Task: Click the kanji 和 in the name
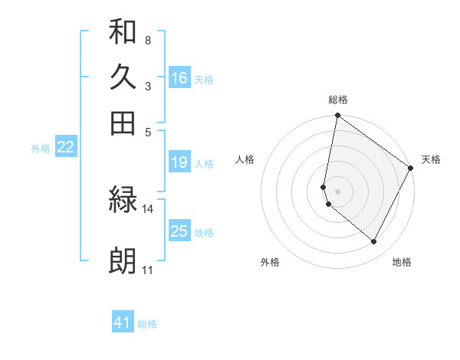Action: [123, 31]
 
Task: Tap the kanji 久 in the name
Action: [123, 77]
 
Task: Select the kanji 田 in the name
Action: [123, 123]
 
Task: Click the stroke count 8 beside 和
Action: [147, 39]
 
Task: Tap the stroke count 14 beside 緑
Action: [148, 208]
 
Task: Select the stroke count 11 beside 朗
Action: [147, 270]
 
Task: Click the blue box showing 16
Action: [179, 78]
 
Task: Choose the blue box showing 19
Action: [179, 162]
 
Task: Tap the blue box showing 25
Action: [179, 231]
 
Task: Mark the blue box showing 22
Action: [65, 147]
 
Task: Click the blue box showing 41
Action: [123, 322]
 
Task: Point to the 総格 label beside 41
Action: [147, 324]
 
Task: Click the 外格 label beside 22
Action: [41, 149]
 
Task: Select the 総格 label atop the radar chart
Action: [338, 100]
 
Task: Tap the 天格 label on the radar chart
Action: [431, 159]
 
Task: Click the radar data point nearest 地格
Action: [374, 242]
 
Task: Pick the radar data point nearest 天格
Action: [411, 169]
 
